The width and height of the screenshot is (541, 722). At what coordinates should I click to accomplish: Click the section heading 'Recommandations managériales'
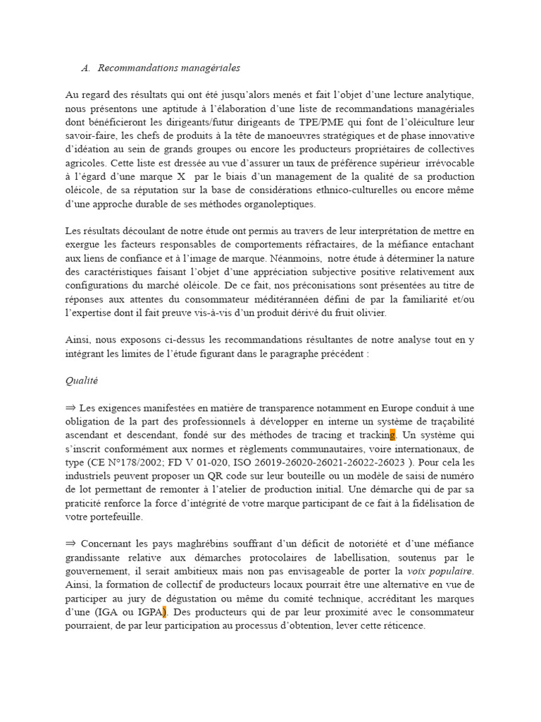pyautogui.click(x=168, y=68)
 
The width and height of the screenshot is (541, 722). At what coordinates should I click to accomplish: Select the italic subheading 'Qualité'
pyautogui.click(x=81, y=381)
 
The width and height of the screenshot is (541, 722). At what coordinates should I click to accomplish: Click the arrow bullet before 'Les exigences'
pyautogui.click(x=70, y=408)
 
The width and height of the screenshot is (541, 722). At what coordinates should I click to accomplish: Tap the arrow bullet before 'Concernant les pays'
pyautogui.click(x=70, y=544)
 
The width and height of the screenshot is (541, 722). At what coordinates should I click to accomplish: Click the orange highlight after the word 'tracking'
pyautogui.click(x=392, y=435)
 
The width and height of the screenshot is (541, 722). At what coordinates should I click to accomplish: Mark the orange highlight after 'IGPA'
pyautogui.click(x=165, y=612)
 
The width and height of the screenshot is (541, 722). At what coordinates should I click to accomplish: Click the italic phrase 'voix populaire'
pyautogui.click(x=440, y=571)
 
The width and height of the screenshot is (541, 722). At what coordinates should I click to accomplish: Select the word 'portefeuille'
pyautogui.click(x=113, y=517)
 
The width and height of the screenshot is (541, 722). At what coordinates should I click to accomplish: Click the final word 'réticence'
pyautogui.click(x=402, y=625)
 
